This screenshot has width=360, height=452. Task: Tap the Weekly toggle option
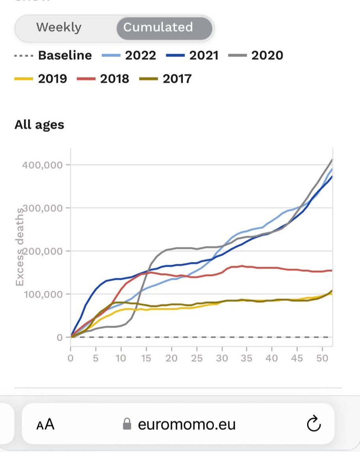(x=59, y=27)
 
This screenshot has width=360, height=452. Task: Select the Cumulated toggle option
(x=158, y=27)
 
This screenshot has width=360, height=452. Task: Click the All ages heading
(x=39, y=125)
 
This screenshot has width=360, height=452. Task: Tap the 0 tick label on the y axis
(x=60, y=337)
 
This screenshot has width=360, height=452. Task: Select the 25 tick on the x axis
(x=196, y=358)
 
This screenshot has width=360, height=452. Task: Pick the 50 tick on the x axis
(x=322, y=358)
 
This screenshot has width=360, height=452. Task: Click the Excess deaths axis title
(x=20, y=251)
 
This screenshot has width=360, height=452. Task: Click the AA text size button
(x=45, y=425)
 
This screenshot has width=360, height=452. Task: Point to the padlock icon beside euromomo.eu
(x=127, y=425)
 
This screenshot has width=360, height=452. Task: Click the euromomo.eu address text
(x=187, y=425)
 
